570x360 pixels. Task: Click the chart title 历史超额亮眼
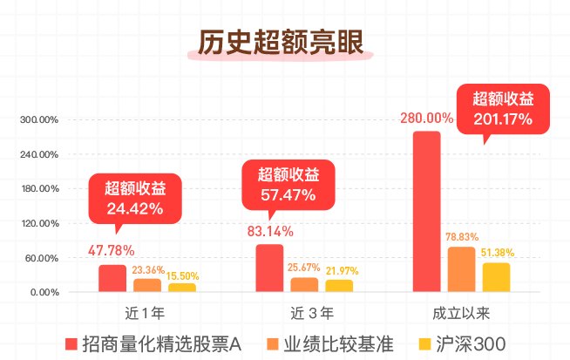tap(279, 44)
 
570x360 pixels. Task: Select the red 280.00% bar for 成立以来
tap(426, 211)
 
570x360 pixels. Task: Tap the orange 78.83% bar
tap(461, 269)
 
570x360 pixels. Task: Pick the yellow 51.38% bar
tap(496, 277)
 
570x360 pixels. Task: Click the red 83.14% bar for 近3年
tap(269, 268)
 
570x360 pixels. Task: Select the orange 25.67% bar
tap(304, 284)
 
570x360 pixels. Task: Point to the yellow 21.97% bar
tap(339, 286)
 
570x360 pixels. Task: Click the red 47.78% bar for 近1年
tap(112, 278)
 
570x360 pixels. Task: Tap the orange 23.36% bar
tap(147, 285)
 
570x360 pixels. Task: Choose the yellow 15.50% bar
tap(182, 288)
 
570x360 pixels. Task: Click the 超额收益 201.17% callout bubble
tap(503, 108)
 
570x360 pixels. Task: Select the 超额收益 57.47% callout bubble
tap(288, 184)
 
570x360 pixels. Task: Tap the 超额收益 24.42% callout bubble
tap(135, 197)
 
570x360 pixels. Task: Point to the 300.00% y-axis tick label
tap(39, 119)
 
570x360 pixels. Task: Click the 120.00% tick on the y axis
tap(39, 223)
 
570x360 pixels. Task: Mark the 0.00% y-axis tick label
tap(44, 292)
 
